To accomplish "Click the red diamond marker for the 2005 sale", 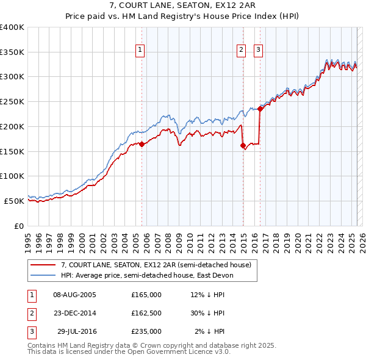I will [142, 145].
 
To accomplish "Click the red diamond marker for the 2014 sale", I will [243, 145].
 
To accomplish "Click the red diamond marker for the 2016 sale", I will [260, 109].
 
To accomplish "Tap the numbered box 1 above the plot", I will [140, 50].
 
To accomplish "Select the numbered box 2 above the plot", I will [241, 50].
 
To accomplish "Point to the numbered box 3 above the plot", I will [258, 50].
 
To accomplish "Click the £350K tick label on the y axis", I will [12, 52].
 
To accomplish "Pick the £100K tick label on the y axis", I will [12, 176].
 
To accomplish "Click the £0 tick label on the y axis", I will [18, 226].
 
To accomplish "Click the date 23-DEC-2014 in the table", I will [75, 313].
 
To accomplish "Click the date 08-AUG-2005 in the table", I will [75, 295].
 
